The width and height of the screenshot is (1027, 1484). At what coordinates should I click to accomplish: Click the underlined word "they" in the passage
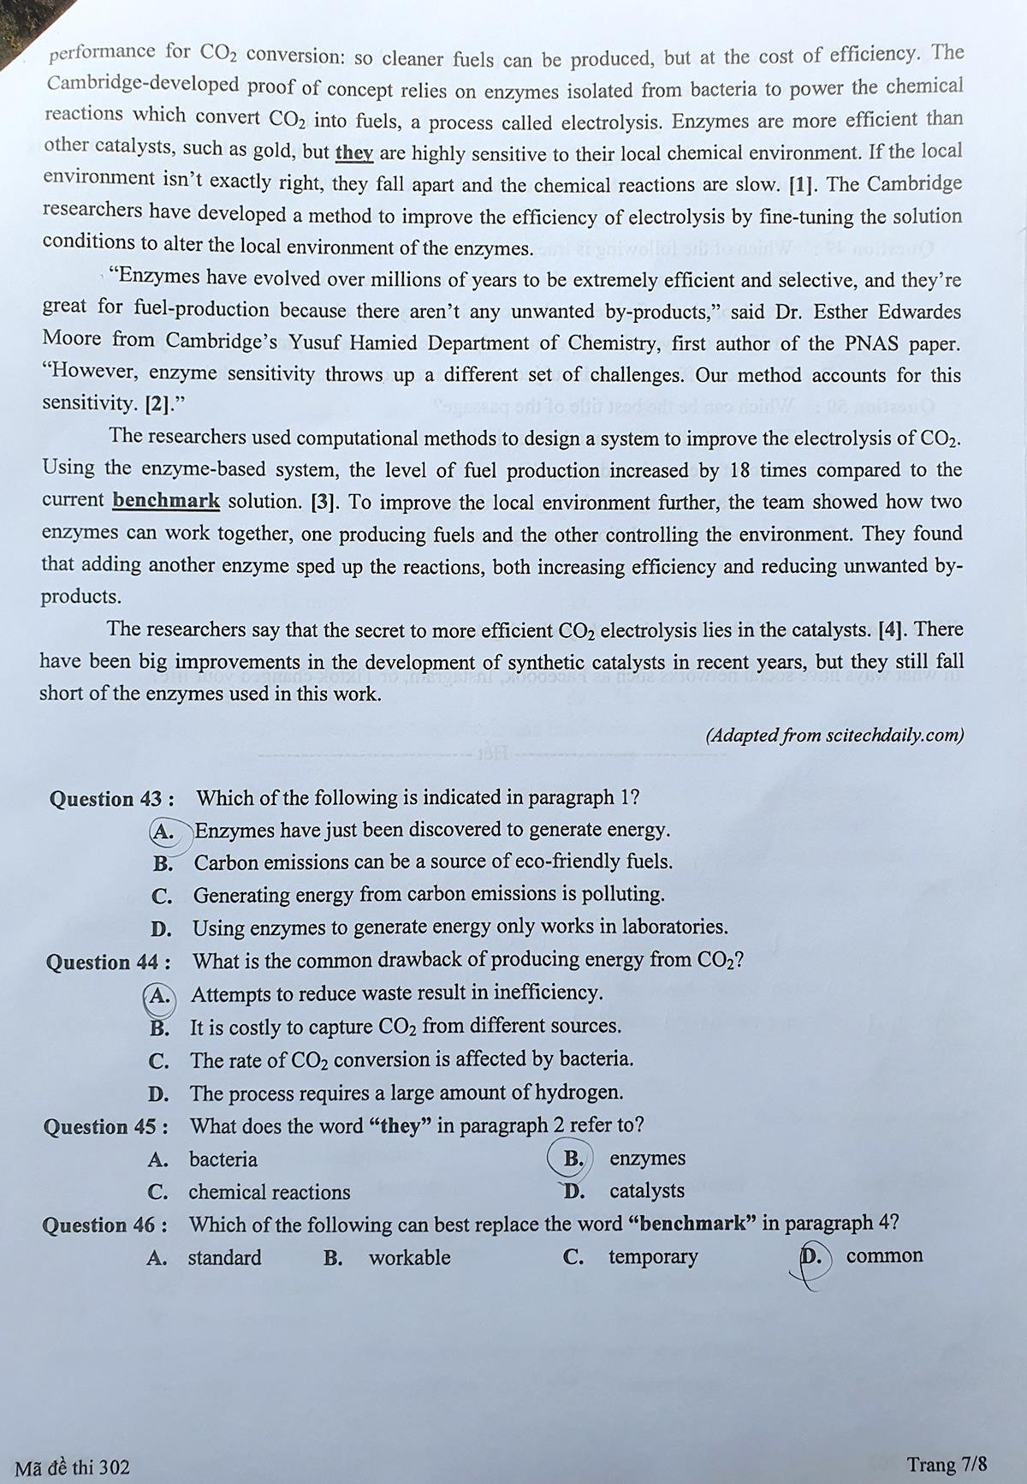tap(353, 153)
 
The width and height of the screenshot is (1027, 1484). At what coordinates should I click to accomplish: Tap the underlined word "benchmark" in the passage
tap(166, 501)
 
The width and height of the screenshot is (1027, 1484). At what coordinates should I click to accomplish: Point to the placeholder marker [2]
tap(157, 404)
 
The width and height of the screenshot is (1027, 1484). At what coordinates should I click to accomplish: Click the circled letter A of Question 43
tap(163, 831)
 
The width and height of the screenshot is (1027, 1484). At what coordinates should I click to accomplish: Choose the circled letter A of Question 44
tap(159, 995)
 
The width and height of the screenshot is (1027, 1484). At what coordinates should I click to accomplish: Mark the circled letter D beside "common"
tap(810, 1257)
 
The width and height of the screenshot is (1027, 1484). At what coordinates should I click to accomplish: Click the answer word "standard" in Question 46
tap(224, 1258)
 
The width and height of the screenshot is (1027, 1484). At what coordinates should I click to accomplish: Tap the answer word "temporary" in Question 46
tap(653, 1257)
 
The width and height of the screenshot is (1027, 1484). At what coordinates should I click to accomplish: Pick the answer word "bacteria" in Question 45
tap(223, 1159)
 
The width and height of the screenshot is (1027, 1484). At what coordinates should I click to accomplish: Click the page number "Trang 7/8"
tap(947, 1464)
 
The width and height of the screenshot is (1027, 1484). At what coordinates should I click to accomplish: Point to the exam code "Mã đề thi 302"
tap(73, 1467)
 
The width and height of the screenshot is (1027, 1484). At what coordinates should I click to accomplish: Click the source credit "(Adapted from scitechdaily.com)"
tap(834, 736)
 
